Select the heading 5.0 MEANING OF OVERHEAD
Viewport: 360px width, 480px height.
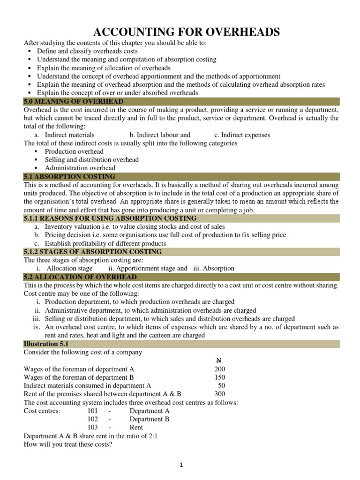click(x=74, y=102)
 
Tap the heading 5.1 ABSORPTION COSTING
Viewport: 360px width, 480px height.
click(x=69, y=177)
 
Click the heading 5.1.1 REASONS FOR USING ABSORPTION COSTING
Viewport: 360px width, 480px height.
click(x=110, y=218)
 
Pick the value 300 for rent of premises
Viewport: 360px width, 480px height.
click(x=220, y=394)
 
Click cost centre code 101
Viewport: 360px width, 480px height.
click(x=93, y=411)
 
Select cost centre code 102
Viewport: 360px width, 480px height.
click(x=93, y=419)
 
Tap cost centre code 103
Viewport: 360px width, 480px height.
click(x=93, y=427)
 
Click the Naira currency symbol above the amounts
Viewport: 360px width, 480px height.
click(x=218, y=360)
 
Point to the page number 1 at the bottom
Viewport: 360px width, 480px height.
click(x=180, y=465)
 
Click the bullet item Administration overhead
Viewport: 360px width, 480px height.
click(x=80, y=168)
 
